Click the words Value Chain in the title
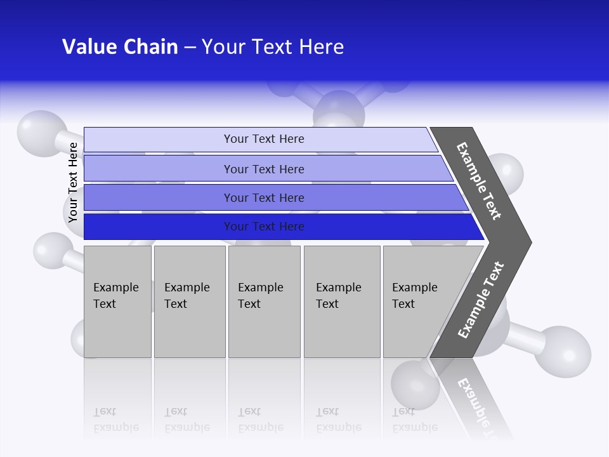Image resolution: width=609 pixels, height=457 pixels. coord(120,47)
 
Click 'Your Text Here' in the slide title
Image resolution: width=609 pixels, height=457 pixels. coord(273,47)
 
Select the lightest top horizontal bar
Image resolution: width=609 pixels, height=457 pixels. coord(263,139)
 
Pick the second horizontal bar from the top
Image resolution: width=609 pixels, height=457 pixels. coord(263,169)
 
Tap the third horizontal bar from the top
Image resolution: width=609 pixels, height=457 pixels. coord(263,197)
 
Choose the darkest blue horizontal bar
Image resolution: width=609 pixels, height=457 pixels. coord(263,227)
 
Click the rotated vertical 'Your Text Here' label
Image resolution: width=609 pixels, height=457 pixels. coord(73,183)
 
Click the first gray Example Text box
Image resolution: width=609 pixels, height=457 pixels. coord(117,301)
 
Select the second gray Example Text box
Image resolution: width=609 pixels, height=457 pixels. coord(189,301)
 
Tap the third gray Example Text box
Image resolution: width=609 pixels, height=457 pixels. coord(264,301)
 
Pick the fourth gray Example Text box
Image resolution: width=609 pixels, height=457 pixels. coord(341,301)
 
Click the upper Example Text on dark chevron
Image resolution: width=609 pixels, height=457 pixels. coord(479,181)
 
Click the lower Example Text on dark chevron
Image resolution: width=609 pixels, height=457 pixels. coord(480,300)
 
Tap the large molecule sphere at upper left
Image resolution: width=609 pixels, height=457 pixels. coord(40,130)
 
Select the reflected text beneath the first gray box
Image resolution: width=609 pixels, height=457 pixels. coord(116,420)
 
